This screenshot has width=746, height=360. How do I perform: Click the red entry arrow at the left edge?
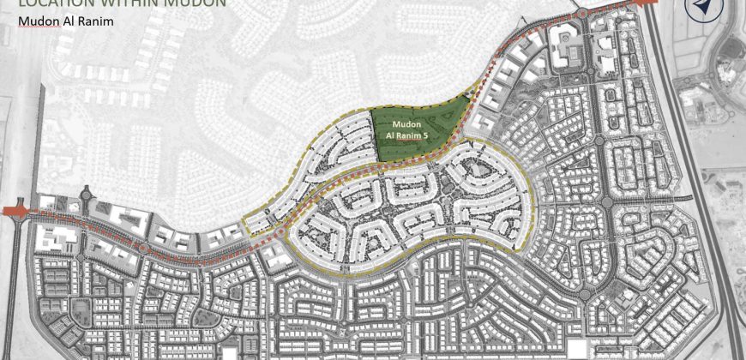[x=15, y=210]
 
